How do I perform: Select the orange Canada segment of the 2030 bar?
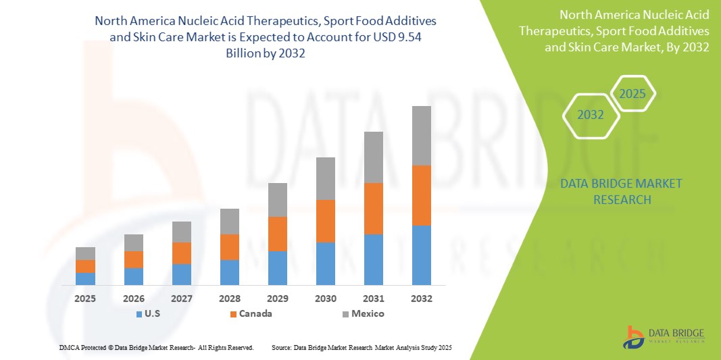click(326, 221)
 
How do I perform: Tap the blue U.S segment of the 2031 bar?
click(374, 259)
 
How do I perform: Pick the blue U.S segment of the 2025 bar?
click(85, 278)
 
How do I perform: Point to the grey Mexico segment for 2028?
click(230, 222)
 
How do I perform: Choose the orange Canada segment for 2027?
click(182, 253)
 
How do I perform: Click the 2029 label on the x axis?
click(278, 298)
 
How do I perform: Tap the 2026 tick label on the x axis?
click(134, 298)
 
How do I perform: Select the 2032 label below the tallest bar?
click(422, 298)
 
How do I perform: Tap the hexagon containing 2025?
click(632, 94)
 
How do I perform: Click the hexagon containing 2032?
click(591, 115)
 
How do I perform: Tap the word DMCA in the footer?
click(70, 347)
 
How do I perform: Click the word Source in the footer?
click(281, 347)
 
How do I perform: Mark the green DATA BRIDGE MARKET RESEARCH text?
click(621, 191)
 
